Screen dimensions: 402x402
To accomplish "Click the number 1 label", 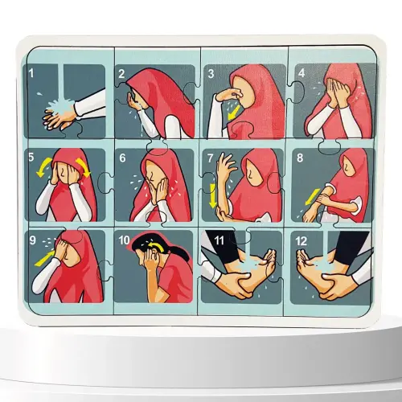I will coord(32,73).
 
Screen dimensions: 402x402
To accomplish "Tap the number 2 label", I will coord(121,74).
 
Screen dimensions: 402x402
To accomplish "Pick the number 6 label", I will coord(122,158).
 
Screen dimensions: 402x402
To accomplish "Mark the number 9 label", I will coord(32,239).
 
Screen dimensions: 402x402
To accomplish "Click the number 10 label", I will coord(125,239).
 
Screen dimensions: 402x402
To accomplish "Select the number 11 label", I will coord(210,239).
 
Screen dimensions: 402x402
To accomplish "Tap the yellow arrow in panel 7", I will coord(213,195).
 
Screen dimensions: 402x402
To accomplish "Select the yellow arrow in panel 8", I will coord(310,193).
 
